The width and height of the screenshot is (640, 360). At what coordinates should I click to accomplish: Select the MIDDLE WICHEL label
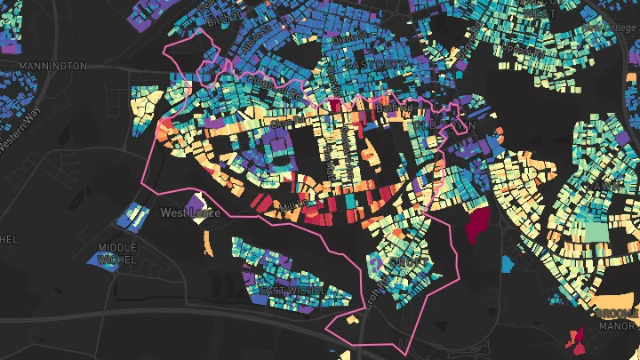[x=117, y=252]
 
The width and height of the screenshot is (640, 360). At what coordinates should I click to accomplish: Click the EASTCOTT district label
[x=374, y=66]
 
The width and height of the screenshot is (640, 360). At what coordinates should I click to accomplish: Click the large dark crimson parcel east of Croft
[x=477, y=224]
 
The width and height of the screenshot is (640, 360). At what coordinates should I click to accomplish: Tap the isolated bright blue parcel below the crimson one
[x=507, y=263]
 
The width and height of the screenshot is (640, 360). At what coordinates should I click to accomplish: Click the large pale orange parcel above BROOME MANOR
[x=613, y=303]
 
